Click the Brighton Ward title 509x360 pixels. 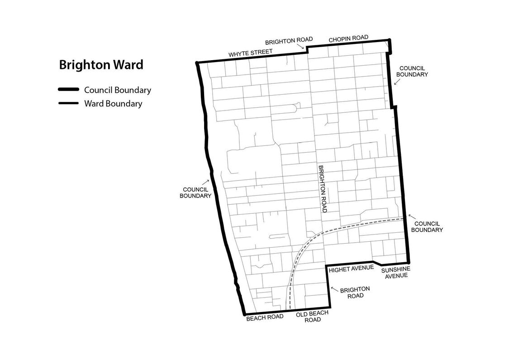(101, 65)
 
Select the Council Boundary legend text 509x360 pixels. (118, 90)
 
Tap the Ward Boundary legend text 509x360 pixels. (113, 103)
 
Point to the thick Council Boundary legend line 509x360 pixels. (68, 90)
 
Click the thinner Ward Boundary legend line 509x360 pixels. (68, 103)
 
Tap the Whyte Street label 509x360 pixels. (250, 53)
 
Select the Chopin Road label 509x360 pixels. (348, 38)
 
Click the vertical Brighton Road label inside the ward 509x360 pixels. (323, 188)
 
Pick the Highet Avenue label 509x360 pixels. (351, 269)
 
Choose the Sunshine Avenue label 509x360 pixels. (395, 272)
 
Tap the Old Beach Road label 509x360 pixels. (312, 316)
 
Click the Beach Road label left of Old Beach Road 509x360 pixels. (265, 317)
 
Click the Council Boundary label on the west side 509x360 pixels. (195, 192)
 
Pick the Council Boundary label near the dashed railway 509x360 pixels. (428, 226)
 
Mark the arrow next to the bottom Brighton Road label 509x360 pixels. (334, 288)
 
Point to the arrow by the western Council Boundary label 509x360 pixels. (208, 181)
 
